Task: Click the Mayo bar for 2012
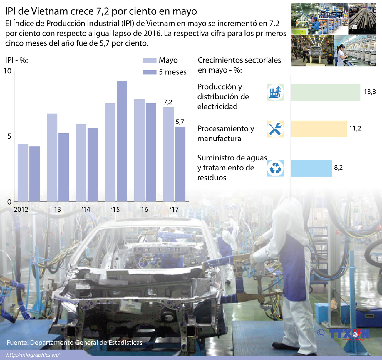tap(23, 173)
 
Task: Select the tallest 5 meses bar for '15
tap(122, 141)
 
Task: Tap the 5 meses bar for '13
tap(63, 167)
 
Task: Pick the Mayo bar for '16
tap(139, 150)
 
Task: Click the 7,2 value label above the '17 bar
tap(168, 102)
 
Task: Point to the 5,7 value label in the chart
tap(180, 122)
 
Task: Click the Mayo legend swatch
tap(150, 61)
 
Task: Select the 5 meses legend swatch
tap(150, 72)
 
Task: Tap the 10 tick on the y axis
tap(7, 71)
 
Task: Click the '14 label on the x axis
tap(86, 210)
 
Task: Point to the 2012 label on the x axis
tap(21, 210)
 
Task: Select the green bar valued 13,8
tap(325, 92)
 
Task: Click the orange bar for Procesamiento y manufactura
tap(319, 129)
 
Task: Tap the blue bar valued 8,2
tap(311, 168)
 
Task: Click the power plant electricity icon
tap(275, 92)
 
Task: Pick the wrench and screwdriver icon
tap(275, 129)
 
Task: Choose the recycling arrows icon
tap(275, 168)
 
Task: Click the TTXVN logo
tap(349, 334)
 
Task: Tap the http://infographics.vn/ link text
tap(33, 355)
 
